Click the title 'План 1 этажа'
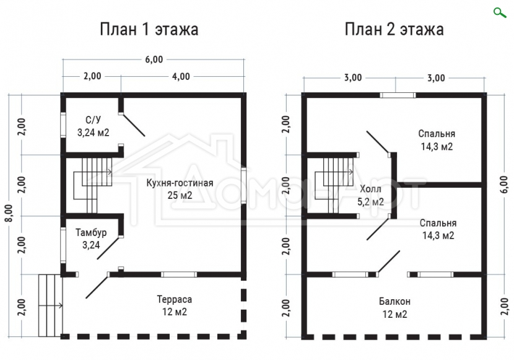click(149, 29)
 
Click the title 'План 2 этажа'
click(394, 29)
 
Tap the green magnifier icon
click(500, 12)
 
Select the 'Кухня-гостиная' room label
click(180, 183)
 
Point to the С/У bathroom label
click(93, 120)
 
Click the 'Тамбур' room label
click(91, 232)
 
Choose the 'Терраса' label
click(175, 299)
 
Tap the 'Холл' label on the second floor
click(370, 189)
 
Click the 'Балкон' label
click(394, 301)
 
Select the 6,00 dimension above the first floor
click(154, 59)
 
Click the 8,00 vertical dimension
click(9, 213)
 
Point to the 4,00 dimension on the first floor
click(181, 76)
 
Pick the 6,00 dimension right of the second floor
click(504, 184)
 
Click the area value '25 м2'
click(180, 195)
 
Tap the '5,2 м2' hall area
click(370, 202)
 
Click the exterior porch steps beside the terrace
click(50, 305)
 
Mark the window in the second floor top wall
click(398, 95)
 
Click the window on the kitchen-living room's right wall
click(243, 185)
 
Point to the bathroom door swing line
click(133, 125)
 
